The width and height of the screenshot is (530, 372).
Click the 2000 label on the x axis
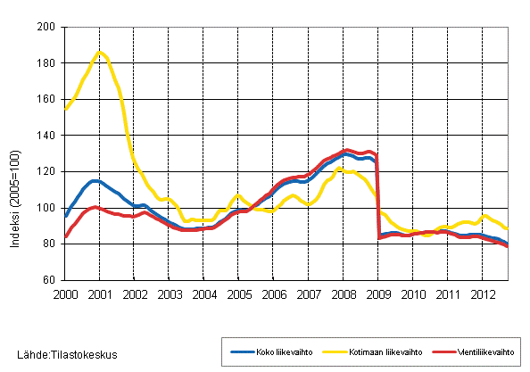pyautogui.click(x=64, y=293)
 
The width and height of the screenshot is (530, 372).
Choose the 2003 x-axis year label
pyautogui.click(x=169, y=293)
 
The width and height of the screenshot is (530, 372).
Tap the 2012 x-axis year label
pyautogui.click(x=482, y=293)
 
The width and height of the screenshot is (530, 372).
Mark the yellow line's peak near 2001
pyautogui.click(x=100, y=52)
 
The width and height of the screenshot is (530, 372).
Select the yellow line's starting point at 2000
pyautogui.click(x=65, y=109)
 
